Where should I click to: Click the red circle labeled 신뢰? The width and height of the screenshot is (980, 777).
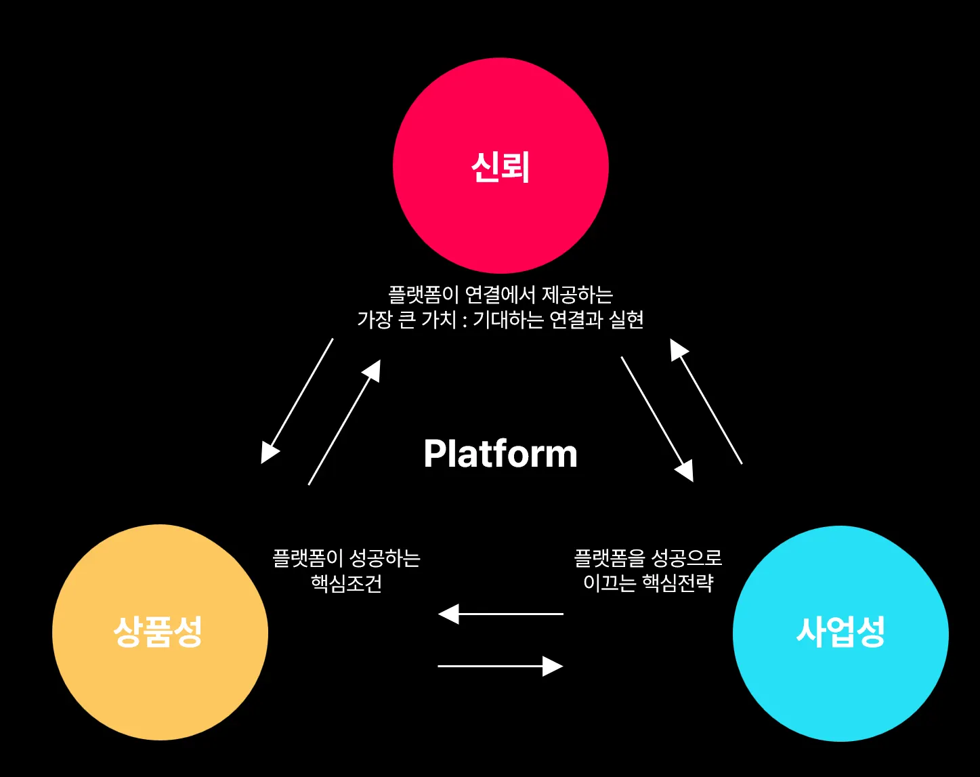[x=500, y=166]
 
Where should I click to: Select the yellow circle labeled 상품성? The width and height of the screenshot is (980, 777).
[x=160, y=632]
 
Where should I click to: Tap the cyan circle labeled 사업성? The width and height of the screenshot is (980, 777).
[x=840, y=633]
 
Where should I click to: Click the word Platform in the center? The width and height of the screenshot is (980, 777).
[x=500, y=454]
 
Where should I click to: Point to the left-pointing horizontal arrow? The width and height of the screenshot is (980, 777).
[x=500, y=614]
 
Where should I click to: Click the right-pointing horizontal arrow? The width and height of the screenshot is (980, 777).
[x=500, y=666]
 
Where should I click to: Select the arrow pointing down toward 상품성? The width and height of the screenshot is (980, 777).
[x=297, y=401]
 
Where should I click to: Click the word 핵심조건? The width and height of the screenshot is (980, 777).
[x=346, y=583]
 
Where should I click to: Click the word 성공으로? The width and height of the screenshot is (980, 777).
[x=686, y=558]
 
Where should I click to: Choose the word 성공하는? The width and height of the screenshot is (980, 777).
[x=384, y=558]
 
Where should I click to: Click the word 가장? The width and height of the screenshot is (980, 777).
[x=375, y=320]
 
